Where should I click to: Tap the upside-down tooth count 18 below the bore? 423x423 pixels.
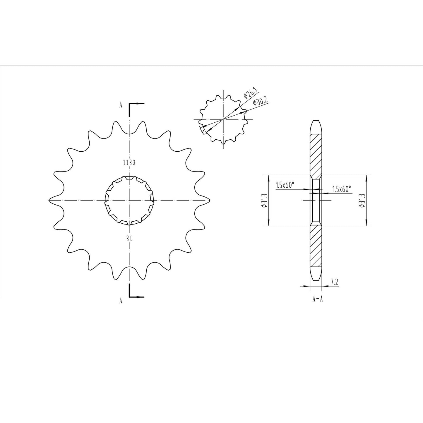(x=129, y=238)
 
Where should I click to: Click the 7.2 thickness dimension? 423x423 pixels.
(x=334, y=282)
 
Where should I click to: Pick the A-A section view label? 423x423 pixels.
(x=317, y=299)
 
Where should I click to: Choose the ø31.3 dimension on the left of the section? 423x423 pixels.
(x=264, y=201)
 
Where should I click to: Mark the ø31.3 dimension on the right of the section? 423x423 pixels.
(x=362, y=201)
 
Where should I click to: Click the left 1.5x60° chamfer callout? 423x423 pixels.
(x=285, y=185)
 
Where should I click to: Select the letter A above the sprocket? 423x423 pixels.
(x=121, y=106)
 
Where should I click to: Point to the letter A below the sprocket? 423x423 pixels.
(x=121, y=301)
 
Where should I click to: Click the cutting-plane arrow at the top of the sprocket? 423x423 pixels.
(x=136, y=104)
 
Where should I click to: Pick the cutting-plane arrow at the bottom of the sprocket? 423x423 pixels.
(x=136, y=297)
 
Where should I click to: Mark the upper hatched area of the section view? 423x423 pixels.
(x=316, y=155)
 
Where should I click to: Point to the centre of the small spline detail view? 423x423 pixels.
(x=223, y=119)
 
